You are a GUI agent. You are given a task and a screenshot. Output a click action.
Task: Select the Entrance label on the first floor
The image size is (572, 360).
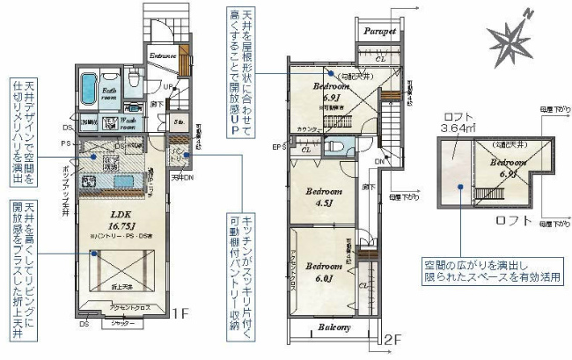coord(164,55)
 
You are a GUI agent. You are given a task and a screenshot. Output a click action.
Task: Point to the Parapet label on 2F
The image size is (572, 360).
coord(380,30)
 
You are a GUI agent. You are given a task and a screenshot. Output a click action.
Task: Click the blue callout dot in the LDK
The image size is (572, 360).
coord(93,253)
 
